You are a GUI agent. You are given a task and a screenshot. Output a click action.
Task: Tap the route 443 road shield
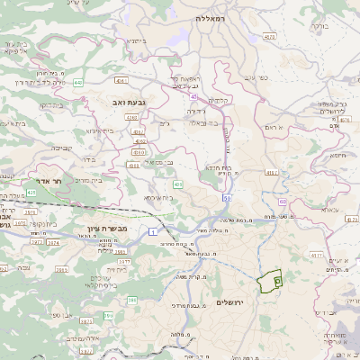pos(78,82)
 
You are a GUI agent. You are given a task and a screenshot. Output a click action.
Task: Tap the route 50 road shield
pos(227,196)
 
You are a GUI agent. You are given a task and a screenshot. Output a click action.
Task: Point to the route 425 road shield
pos(31,192)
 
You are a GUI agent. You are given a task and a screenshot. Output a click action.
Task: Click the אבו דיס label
pos(312,274)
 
